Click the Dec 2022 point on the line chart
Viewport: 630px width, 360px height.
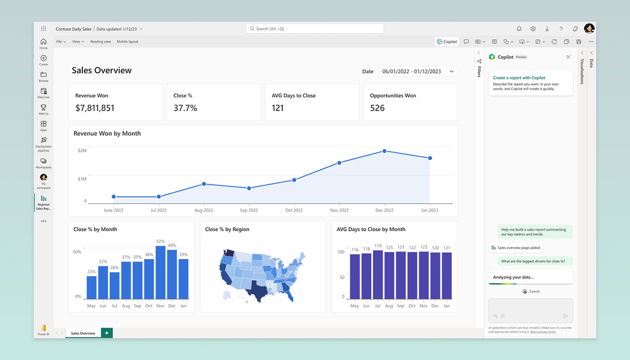pos(384,152)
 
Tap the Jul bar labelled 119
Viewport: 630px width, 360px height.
pos(378,273)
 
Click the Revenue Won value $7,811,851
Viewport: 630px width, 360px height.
pos(95,108)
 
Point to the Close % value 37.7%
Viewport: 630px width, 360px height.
pos(185,108)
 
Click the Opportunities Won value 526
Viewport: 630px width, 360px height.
pos(377,108)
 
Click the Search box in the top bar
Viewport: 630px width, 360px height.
pos(315,28)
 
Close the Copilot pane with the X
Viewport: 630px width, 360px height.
pos(568,57)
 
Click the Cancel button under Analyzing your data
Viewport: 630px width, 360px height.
pos(531,291)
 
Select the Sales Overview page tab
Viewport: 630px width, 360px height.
pos(83,333)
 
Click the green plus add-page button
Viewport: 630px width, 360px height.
pos(107,333)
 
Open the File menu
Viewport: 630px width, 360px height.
pos(61,42)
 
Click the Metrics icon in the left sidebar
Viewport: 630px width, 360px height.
pos(44,109)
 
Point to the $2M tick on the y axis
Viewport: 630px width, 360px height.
pos(82,150)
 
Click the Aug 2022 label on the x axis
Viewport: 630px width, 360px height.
pos(203,210)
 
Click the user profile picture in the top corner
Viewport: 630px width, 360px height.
pos(589,28)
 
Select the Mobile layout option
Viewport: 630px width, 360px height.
pos(128,42)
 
